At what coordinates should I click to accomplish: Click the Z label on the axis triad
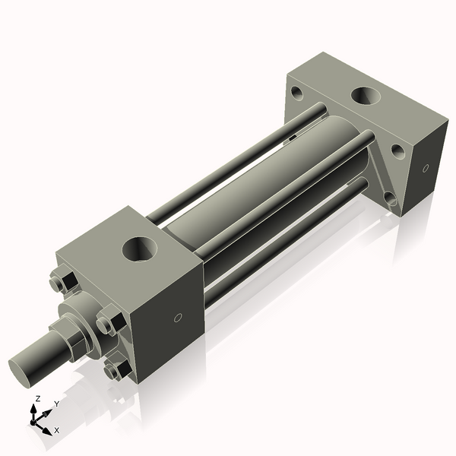point(38,398)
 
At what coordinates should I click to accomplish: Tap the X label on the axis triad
point(56,430)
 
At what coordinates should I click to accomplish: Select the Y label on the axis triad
point(56,404)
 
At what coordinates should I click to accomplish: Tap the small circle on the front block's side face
point(179,318)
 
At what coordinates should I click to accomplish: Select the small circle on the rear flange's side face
point(425,167)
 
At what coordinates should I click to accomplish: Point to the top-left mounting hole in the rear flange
point(296,93)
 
